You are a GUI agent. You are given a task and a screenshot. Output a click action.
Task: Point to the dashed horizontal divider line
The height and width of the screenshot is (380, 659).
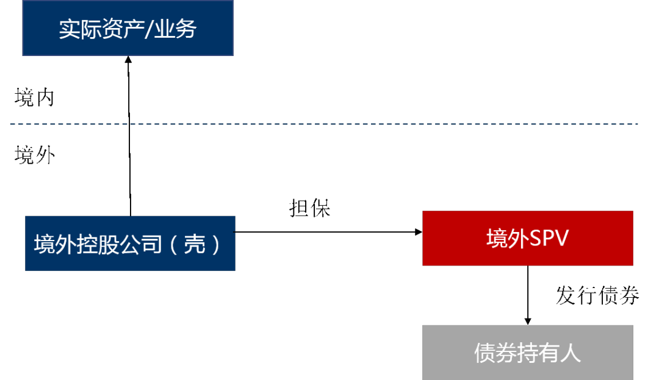pos(323,124)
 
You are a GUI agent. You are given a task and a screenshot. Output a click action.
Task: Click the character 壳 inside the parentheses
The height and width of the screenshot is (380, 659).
pos(195,244)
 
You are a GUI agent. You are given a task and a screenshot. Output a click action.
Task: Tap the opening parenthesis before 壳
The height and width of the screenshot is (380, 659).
pos(173,244)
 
